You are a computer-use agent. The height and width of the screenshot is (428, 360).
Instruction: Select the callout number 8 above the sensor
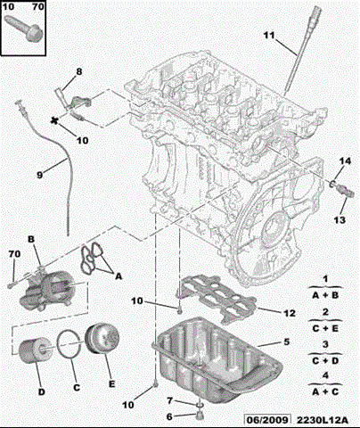point(78,71)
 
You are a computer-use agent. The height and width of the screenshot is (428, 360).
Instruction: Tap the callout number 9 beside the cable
point(39,175)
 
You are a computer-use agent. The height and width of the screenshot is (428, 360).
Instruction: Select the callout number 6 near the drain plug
point(170,416)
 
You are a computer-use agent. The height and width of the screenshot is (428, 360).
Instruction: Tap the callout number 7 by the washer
point(170,402)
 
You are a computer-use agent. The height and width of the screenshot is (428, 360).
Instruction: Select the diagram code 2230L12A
point(323,419)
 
